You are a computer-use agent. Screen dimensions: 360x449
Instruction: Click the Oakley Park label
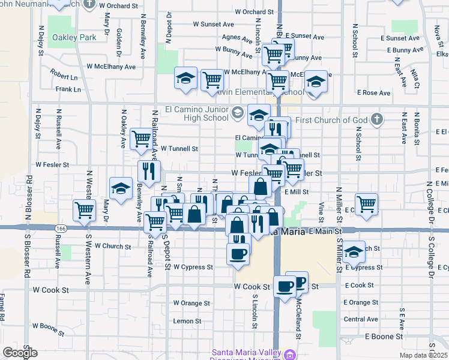click(74, 37)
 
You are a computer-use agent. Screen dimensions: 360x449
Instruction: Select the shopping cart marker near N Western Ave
click(85, 210)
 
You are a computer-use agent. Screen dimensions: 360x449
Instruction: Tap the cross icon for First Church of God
click(376, 119)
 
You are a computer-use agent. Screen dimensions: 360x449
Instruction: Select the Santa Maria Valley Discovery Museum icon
click(291, 354)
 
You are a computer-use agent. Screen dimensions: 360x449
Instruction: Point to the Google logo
click(20, 353)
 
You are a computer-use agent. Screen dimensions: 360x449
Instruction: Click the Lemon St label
click(187, 321)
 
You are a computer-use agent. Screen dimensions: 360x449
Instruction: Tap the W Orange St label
click(191, 303)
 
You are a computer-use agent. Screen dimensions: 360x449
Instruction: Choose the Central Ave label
click(361, 319)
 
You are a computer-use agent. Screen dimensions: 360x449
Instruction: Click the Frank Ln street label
click(68, 89)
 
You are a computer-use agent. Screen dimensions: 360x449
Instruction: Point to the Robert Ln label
click(64, 77)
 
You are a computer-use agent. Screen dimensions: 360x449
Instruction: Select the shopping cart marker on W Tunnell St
click(141, 139)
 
